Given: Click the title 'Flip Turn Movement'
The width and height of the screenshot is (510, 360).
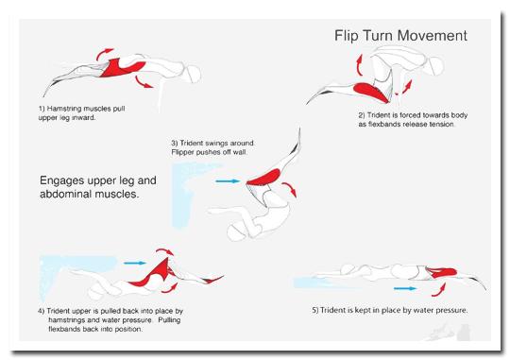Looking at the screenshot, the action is coord(400,36).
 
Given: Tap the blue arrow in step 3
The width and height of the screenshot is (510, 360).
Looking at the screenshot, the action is coord(228,181).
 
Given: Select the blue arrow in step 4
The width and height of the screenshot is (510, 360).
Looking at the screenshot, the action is coord(135,263).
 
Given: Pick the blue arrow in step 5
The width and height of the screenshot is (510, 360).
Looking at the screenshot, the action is coord(405,288).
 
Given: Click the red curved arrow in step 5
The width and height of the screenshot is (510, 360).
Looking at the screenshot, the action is coord(440,291).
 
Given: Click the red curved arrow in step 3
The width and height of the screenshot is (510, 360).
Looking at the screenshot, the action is coord(291,188).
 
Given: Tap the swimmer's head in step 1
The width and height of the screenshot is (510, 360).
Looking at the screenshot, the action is coord(193,75).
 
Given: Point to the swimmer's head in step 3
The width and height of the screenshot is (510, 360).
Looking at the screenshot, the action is coord(237,232).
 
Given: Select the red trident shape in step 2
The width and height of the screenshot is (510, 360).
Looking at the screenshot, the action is coord(372,92).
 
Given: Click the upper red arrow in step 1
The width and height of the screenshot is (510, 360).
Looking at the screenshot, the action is coord(104,54).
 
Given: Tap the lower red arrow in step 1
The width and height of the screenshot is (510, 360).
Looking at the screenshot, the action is coord(144,81).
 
